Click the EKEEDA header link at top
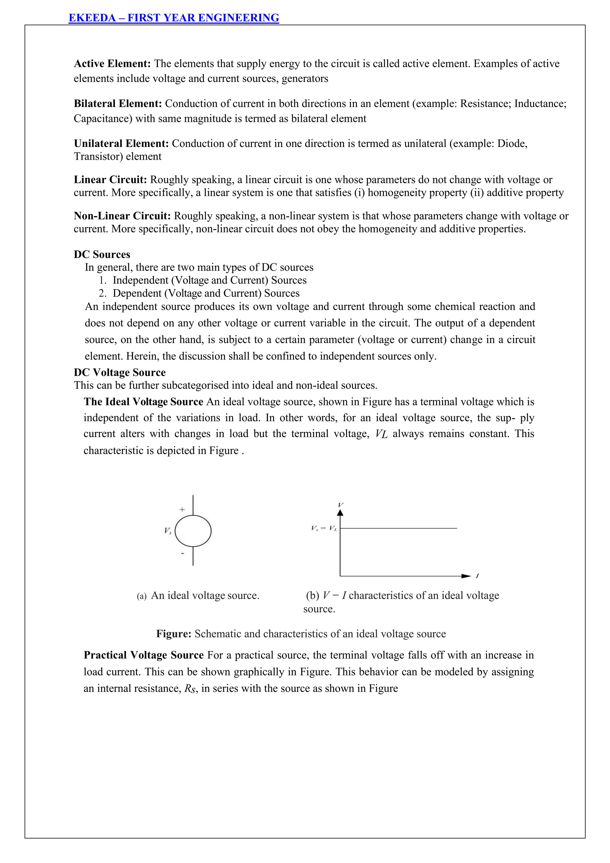pyautogui.click(x=174, y=18)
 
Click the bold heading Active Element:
pyautogui.click(x=112, y=63)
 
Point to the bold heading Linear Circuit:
pyautogui.click(x=110, y=180)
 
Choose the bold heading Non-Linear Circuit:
pyautogui.click(x=122, y=216)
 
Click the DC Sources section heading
pyautogui.click(x=102, y=255)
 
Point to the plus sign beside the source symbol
pyautogui.click(x=182, y=510)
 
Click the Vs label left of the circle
pyautogui.click(x=167, y=531)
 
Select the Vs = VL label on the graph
pyautogui.click(x=324, y=528)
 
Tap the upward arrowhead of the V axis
pyautogui.click(x=340, y=513)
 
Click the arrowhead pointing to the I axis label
pyautogui.click(x=466, y=576)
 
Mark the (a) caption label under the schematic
pyautogui.click(x=141, y=596)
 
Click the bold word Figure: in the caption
pyautogui.click(x=174, y=634)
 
